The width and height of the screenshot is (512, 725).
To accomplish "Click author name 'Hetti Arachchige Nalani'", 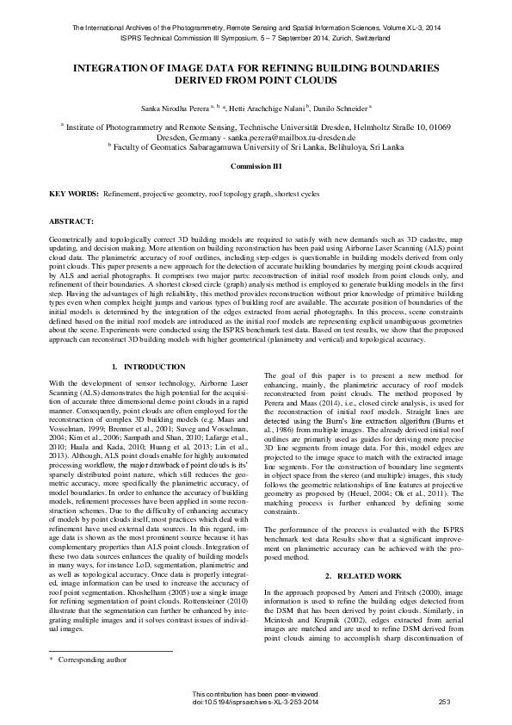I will point(269,109).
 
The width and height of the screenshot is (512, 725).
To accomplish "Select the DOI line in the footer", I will point(256,703).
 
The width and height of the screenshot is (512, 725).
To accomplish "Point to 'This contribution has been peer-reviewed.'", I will point(256,695).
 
